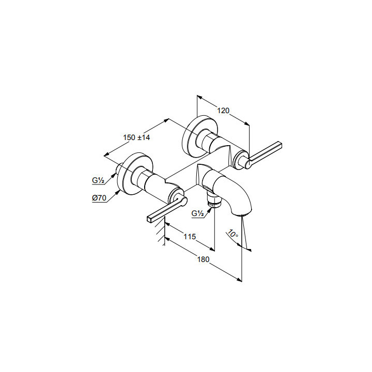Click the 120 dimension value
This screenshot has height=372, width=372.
pos(224,111)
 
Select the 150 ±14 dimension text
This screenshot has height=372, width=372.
pos(136,137)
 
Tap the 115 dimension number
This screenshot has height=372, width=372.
pos(190,237)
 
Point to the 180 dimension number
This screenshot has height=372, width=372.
pos(204,259)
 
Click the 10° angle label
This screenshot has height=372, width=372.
pos(233,234)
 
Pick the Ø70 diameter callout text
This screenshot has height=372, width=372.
pos(99,198)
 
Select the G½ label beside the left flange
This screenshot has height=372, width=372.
pos(98,180)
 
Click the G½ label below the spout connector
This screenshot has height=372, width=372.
pos(197,213)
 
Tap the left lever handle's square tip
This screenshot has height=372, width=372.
pos(149,219)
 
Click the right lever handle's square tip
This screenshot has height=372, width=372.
pos(280,145)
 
